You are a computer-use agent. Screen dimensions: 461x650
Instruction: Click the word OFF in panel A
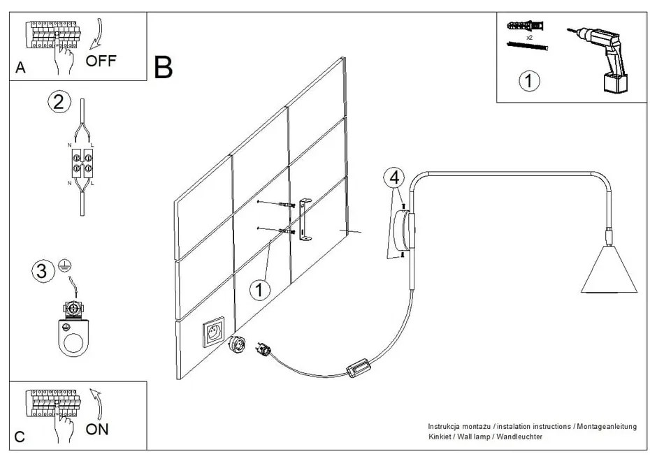tap(101, 61)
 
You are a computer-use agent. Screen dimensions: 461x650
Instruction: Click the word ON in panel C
tap(97, 429)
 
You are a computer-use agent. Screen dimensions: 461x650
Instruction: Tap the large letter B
tap(163, 68)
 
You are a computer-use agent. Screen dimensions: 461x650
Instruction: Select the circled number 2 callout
tap(59, 102)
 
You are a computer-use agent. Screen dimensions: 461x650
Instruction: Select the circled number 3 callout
tap(42, 270)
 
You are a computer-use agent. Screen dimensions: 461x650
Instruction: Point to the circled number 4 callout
tap(394, 177)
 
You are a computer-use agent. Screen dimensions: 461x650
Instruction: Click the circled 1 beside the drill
tap(529, 81)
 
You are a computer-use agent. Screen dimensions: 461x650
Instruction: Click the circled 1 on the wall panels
tap(259, 289)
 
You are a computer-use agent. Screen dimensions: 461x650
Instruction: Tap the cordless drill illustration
tap(602, 59)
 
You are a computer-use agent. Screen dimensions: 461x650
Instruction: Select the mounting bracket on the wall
tap(305, 220)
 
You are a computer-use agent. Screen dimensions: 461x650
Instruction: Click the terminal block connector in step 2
tap(82, 166)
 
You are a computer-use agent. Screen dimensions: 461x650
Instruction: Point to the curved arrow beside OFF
tap(99, 31)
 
